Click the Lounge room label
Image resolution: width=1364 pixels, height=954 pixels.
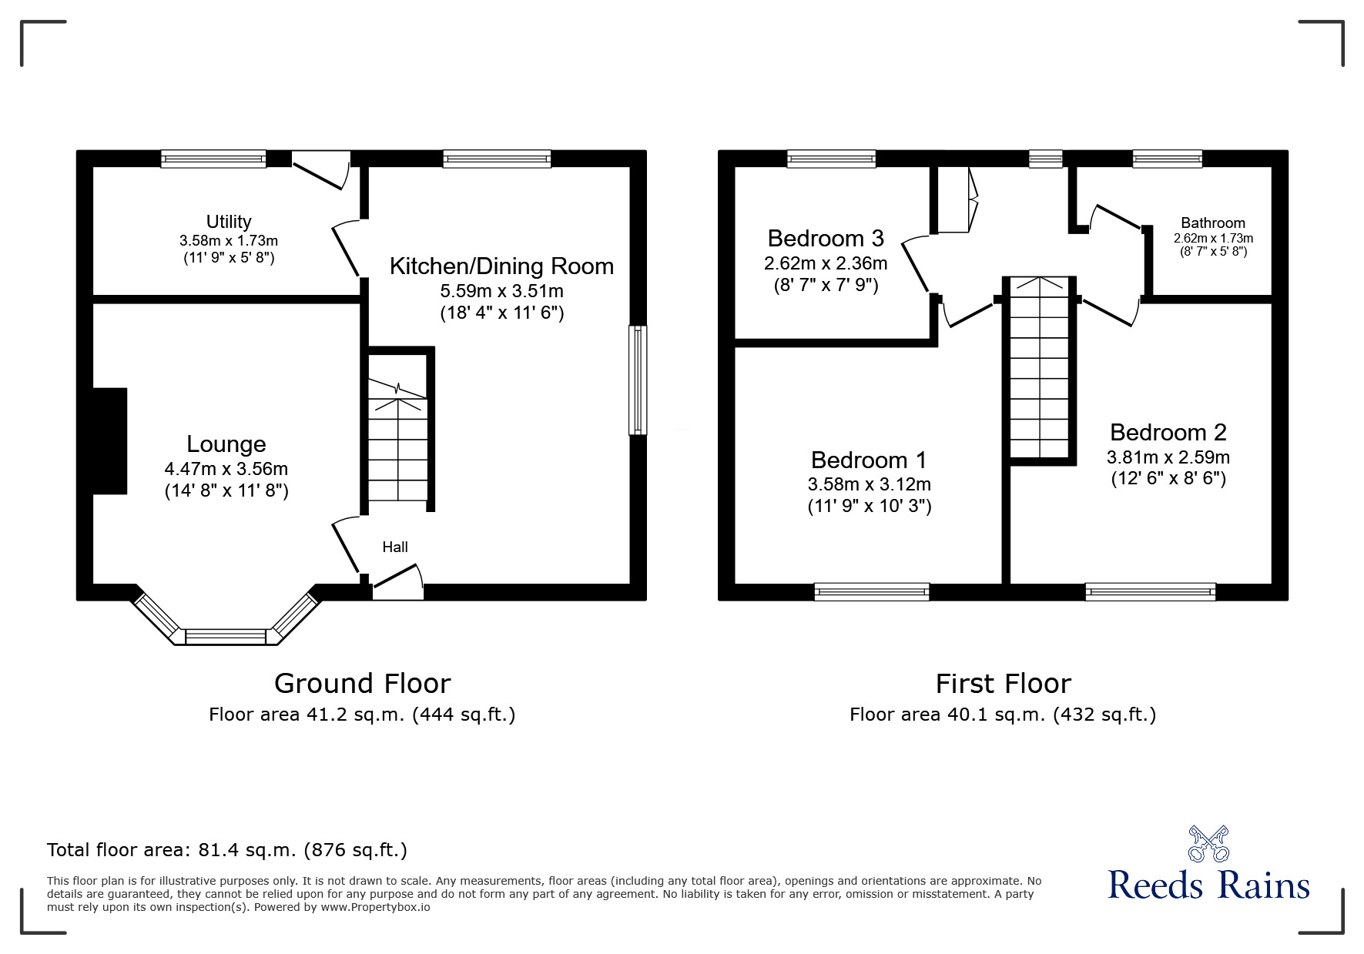tap(226, 444)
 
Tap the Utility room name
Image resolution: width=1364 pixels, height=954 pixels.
tap(229, 222)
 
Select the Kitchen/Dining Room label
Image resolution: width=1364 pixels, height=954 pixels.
tap(501, 266)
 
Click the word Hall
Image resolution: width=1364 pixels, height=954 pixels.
tap(395, 547)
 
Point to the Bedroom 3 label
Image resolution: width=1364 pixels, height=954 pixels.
tap(826, 238)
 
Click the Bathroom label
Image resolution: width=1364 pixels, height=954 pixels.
tap(1213, 223)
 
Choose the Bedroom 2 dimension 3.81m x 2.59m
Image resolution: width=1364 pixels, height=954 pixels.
tap(1168, 457)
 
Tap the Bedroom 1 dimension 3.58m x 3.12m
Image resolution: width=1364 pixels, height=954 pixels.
tap(870, 484)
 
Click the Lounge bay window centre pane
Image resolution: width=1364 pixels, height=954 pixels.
tap(226, 637)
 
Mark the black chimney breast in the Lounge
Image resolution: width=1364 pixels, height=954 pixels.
tap(109, 440)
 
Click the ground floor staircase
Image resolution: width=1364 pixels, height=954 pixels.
tap(397, 439)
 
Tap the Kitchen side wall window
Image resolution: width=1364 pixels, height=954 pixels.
tap(638, 380)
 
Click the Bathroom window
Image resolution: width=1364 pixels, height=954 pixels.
tap(1167, 159)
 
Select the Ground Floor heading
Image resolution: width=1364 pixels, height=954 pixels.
tap(362, 684)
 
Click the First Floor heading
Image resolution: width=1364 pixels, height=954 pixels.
tap(1003, 684)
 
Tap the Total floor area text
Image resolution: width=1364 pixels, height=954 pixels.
tap(227, 850)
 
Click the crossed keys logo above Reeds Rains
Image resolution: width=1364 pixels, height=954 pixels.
tap(1208, 844)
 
